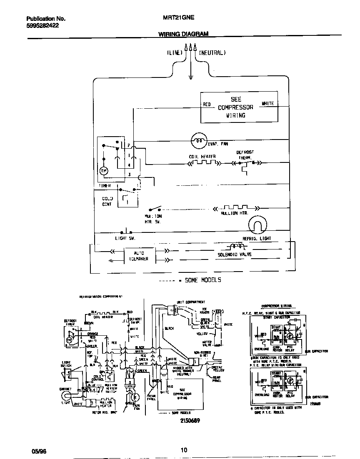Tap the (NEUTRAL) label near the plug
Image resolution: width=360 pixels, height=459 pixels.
coord(212,53)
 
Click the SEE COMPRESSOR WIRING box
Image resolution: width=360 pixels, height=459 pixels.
coord(239,107)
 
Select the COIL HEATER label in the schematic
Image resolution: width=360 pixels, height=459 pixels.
coord(202,157)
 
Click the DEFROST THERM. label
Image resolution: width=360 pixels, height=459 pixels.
coord(245,155)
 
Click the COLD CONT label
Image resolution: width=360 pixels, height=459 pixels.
coord(107,201)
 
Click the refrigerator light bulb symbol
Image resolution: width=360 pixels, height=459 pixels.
coord(257,226)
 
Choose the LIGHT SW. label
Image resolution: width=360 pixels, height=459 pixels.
coord(125,238)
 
